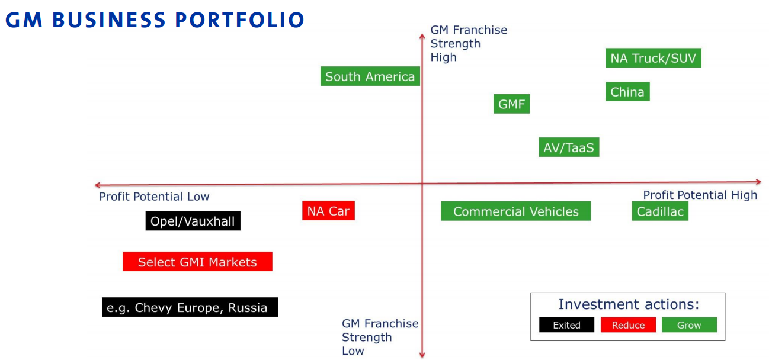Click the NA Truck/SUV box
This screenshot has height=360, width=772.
click(x=653, y=58)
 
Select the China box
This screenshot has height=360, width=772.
click(x=627, y=92)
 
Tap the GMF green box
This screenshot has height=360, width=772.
click(x=511, y=104)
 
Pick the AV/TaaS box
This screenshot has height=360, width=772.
click(x=569, y=147)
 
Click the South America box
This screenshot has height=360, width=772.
click(x=370, y=76)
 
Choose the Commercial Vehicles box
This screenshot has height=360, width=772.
click(x=515, y=211)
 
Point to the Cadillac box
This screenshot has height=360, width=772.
click(x=659, y=211)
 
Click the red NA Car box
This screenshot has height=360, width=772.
click(x=328, y=211)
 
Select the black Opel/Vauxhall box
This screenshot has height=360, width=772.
click(x=193, y=221)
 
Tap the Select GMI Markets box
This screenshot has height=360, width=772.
click(x=197, y=262)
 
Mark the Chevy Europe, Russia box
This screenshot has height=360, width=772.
click(x=190, y=307)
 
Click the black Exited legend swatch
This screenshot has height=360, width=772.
click(x=566, y=325)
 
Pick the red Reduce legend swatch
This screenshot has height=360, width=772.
click(x=628, y=325)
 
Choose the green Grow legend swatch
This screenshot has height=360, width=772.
click(x=689, y=325)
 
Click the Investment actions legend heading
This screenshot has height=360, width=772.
click(x=629, y=304)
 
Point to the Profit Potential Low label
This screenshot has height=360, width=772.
click(x=154, y=197)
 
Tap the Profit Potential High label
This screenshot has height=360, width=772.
click(x=700, y=195)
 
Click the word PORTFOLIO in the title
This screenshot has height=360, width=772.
click(x=239, y=20)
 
